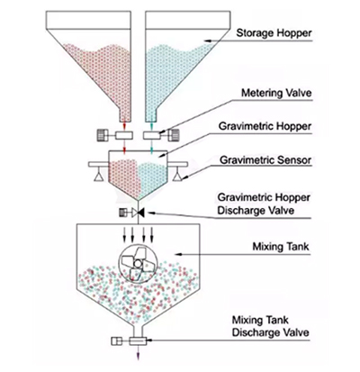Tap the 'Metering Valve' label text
[276, 93]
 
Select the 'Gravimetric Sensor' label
[265, 160]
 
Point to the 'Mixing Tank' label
[281, 247]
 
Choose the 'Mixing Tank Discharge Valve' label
[270, 326]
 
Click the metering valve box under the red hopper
[124, 135]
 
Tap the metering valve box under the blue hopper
[152, 135]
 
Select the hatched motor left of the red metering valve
[103, 135]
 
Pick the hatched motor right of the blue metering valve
[174, 135]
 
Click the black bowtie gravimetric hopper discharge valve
[139, 213]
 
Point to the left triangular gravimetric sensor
[98, 177]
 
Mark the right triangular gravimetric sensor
[178, 177]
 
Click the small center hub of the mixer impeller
[137, 264]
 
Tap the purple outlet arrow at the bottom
[138, 352]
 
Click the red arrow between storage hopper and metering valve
[125, 125]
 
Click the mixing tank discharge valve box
[138, 341]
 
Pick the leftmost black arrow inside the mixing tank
[124, 234]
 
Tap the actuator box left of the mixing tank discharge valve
[116, 341]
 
